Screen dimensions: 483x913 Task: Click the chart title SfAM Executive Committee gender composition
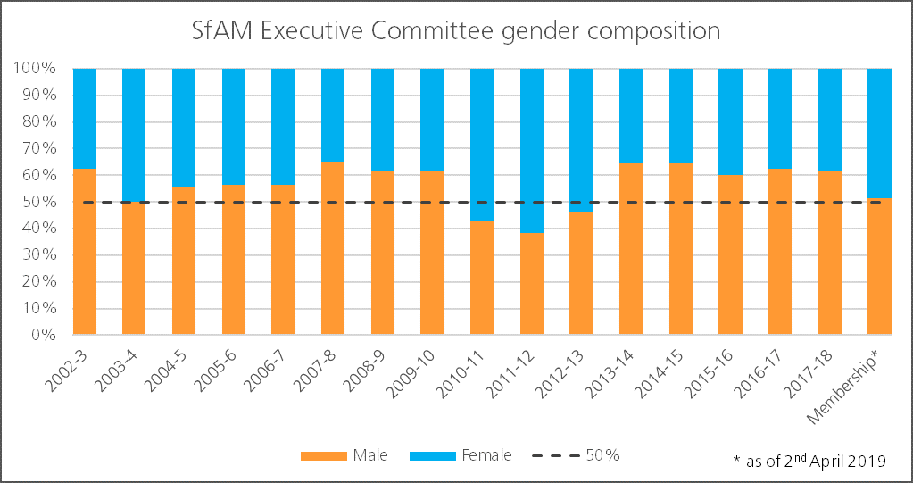coord(456,30)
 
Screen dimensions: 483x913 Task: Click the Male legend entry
coord(344,455)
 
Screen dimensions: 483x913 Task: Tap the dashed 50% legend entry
coord(576,455)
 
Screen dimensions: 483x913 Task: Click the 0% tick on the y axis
coord(43,336)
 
